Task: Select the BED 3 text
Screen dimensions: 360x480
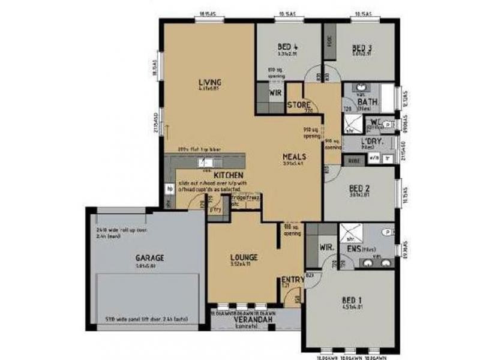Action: pyautogui.click(x=362, y=47)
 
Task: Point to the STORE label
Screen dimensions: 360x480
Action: pyautogui.click(x=298, y=105)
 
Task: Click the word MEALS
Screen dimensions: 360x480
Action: pyautogui.click(x=295, y=157)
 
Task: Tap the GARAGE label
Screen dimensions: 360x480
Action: pyautogui.click(x=149, y=259)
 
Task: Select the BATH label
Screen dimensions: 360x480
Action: pyautogui.click(x=367, y=102)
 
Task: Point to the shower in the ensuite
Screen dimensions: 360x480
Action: pyautogui.click(x=348, y=232)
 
